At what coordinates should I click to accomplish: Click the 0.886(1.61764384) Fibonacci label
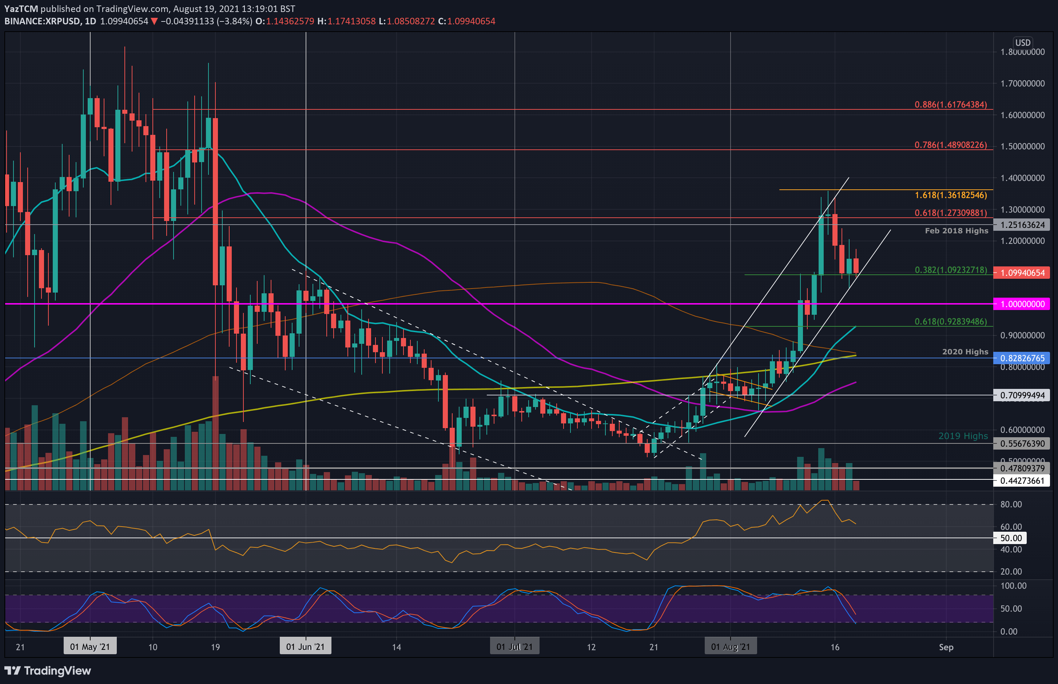pos(950,105)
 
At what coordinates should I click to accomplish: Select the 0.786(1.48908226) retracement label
pos(950,145)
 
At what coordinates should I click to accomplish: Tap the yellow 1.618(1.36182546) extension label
pos(950,195)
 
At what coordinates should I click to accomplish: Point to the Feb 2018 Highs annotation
pos(956,230)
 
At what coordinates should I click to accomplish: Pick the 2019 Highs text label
pos(963,436)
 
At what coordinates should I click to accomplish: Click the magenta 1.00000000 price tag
pos(1022,304)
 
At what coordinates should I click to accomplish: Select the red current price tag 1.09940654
pos(1022,273)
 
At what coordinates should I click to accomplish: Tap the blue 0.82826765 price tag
pos(1022,358)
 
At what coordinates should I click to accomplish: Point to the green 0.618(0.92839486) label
pos(950,322)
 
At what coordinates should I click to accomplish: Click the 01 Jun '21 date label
pos(305,647)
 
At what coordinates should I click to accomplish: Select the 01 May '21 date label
pos(90,647)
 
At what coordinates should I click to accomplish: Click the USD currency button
pos(1022,43)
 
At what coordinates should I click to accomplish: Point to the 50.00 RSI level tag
pos(1011,538)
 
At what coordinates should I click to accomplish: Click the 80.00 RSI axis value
pos(1011,504)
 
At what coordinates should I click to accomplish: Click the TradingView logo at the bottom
pos(48,671)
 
